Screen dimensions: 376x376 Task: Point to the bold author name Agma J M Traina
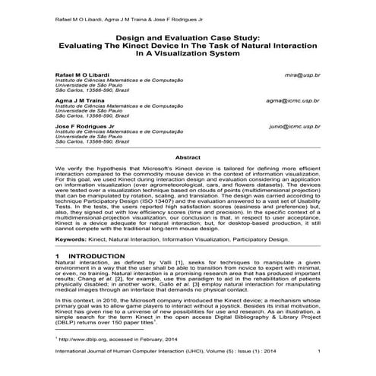77,100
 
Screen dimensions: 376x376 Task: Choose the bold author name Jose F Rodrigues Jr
83,125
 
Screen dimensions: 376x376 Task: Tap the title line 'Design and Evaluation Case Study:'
188,36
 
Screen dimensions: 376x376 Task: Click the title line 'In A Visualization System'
188,54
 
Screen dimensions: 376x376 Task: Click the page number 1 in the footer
318,349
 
